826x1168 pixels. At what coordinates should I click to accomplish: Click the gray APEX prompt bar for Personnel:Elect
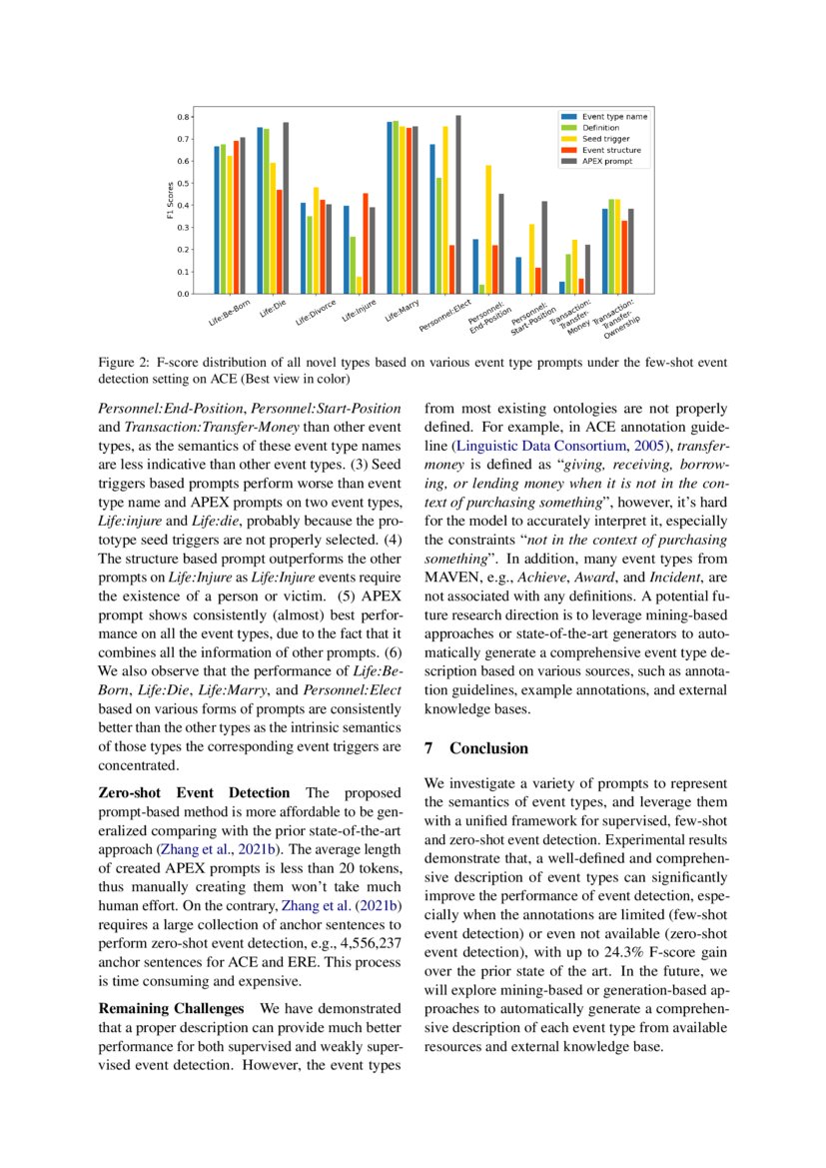click(x=458, y=205)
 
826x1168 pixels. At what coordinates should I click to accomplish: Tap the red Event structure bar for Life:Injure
click(x=366, y=244)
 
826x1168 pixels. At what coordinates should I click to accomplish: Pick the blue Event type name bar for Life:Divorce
click(x=304, y=249)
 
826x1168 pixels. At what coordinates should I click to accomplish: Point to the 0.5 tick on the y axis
click(x=184, y=184)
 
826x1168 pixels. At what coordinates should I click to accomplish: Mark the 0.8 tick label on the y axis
click(x=184, y=117)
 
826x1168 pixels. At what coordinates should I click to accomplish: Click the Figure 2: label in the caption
click(x=124, y=361)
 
